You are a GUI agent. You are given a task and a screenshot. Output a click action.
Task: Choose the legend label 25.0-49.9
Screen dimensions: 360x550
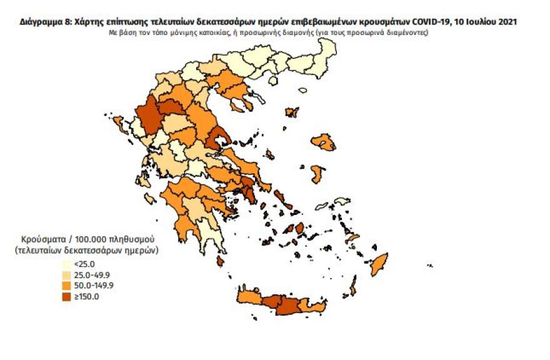point(93,274)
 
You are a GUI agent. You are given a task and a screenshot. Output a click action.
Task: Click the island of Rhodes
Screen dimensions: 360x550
point(379,264)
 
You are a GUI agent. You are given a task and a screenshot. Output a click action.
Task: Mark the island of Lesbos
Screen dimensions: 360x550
point(323,142)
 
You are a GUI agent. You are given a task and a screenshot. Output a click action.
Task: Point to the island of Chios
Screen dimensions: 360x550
point(317,173)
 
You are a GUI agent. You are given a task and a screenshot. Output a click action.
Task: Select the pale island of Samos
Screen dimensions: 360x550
point(341,201)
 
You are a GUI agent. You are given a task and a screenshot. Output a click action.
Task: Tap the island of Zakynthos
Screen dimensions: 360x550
point(150,199)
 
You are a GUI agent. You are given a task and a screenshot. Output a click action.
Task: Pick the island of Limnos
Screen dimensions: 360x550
point(292,112)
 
